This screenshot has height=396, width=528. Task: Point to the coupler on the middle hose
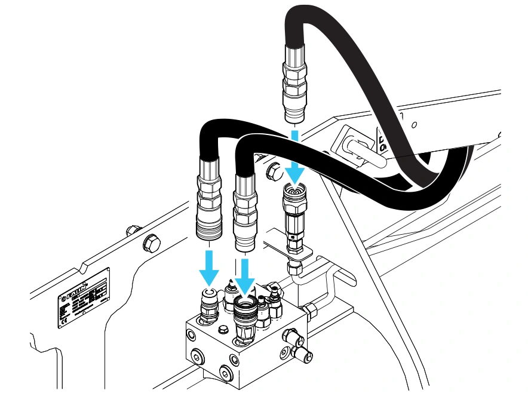point(245,209)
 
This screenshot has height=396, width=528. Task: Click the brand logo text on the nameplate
point(78,286)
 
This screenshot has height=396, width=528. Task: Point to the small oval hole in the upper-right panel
point(413,125)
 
